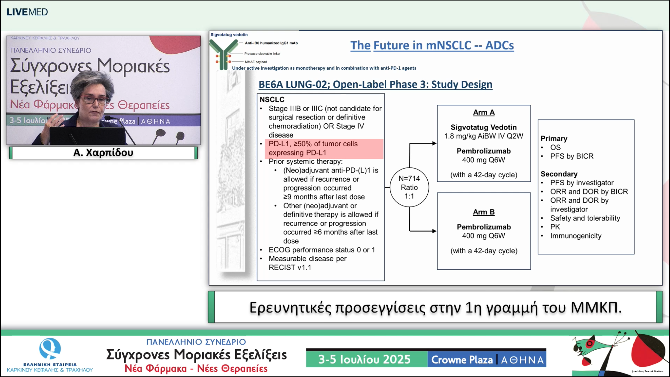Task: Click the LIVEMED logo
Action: [27, 12]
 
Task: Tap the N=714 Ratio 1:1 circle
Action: [409, 187]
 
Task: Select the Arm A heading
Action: [484, 112]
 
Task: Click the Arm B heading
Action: [484, 212]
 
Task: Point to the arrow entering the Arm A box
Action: [433, 143]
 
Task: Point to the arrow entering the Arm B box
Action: [433, 231]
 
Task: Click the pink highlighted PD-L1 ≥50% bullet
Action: [324, 148]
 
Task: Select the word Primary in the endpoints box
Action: [554, 138]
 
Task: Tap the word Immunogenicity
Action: [576, 236]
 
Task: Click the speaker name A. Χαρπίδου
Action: [103, 152]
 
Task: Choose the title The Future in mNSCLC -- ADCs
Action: [432, 45]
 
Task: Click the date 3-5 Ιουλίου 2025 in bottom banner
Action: [364, 359]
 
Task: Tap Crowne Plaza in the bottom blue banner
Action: [462, 360]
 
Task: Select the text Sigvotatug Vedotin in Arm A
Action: [483, 127]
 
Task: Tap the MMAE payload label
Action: [256, 62]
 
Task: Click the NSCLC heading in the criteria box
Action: [272, 99]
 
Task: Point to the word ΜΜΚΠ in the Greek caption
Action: [596, 307]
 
